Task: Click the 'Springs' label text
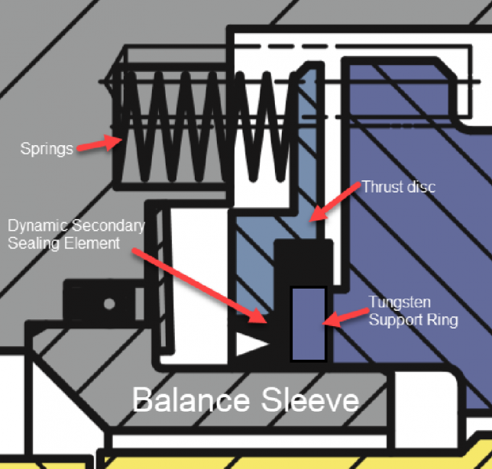pos(46,147)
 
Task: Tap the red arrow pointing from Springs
pos(99,143)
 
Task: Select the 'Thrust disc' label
pos(398,186)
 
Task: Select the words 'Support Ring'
pos(413,319)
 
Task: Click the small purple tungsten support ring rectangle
pos(309,323)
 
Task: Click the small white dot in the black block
pos(109,304)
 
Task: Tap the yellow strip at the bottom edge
pos(306,461)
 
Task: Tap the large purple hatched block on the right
pos(413,229)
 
